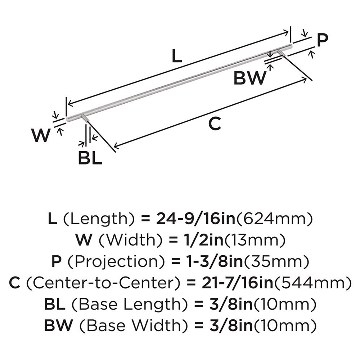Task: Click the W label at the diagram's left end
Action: (x=40, y=136)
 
